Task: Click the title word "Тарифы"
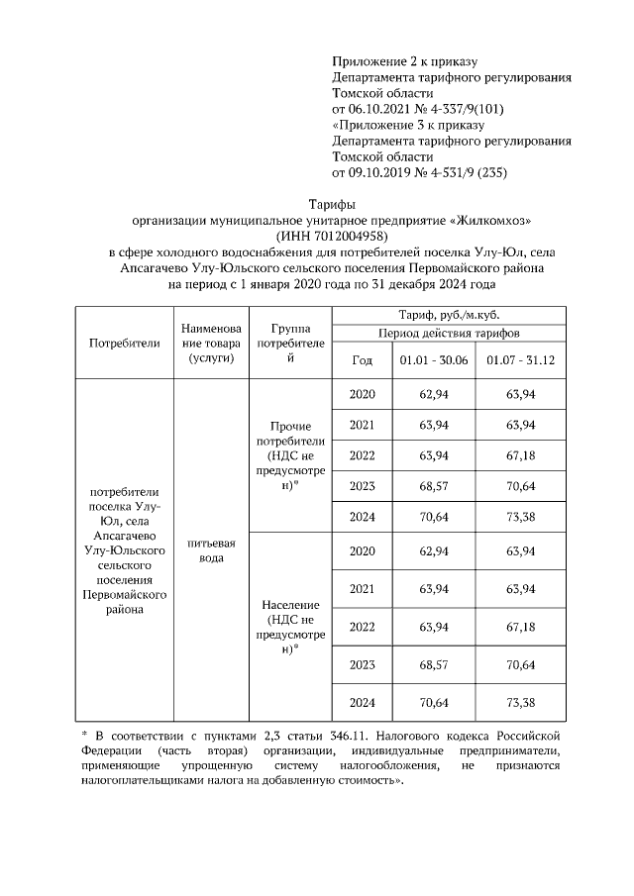pos(316,203)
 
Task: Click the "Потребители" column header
pos(124,343)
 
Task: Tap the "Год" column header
pos(363,360)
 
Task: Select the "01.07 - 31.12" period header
pos(520,360)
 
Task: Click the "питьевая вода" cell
pos(210,550)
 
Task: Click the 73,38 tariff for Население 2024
pos(520,702)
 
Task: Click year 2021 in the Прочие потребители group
pos(363,425)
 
